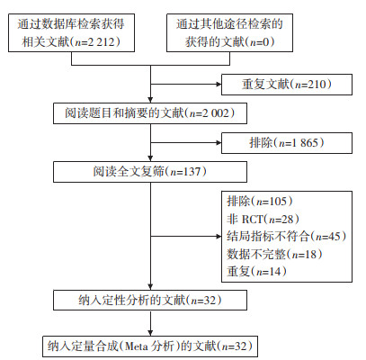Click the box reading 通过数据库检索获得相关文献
pyautogui.click(x=71, y=32)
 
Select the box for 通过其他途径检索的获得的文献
pyautogui.click(x=229, y=32)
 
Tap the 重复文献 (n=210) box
pyautogui.click(x=287, y=85)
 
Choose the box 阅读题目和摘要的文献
pyautogui.click(x=150, y=113)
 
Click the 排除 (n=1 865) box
pyautogui.click(x=287, y=143)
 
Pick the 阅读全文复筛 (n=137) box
pyautogui.click(x=150, y=172)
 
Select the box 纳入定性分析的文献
pyautogui.click(x=150, y=300)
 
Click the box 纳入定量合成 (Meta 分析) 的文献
pyautogui.click(x=150, y=346)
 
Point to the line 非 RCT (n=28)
pyautogui.click(x=263, y=220)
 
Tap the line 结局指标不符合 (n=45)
pyautogui.click(x=287, y=237)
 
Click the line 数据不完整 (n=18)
pyautogui.click(x=274, y=254)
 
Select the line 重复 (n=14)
pyautogui.click(x=256, y=272)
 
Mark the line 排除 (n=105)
pyautogui.click(x=260, y=201)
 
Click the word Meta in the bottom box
pyautogui.click(x=136, y=346)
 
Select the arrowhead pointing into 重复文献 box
pyautogui.click(x=219, y=85)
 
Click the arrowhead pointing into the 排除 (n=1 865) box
pyautogui.click(x=219, y=143)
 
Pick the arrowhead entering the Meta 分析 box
pyautogui.click(x=150, y=333)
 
